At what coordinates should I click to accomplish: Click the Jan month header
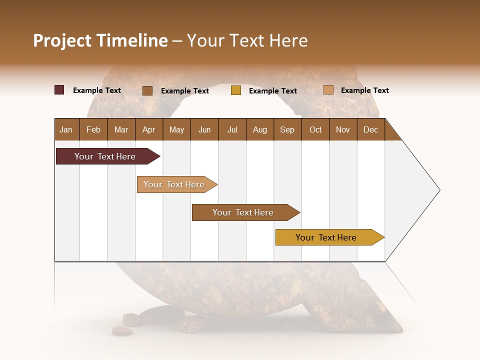(66, 129)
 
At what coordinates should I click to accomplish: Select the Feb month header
(93, 129)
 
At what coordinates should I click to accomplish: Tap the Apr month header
(149, 129)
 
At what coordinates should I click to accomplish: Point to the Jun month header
(204, 129)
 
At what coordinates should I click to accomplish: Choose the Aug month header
(260, 129)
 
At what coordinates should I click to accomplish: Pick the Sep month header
(287, 129)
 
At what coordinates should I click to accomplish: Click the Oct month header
(315, 129)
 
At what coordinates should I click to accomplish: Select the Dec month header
(371, 129)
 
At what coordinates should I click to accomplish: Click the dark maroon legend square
(59, 90)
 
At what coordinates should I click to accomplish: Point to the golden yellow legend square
(236, 90)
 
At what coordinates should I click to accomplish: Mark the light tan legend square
(328, 90)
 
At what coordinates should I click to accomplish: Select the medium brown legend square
(147, 90)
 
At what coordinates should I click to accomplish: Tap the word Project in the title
(62, 40)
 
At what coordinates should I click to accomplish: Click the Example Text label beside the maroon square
(97, 90)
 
